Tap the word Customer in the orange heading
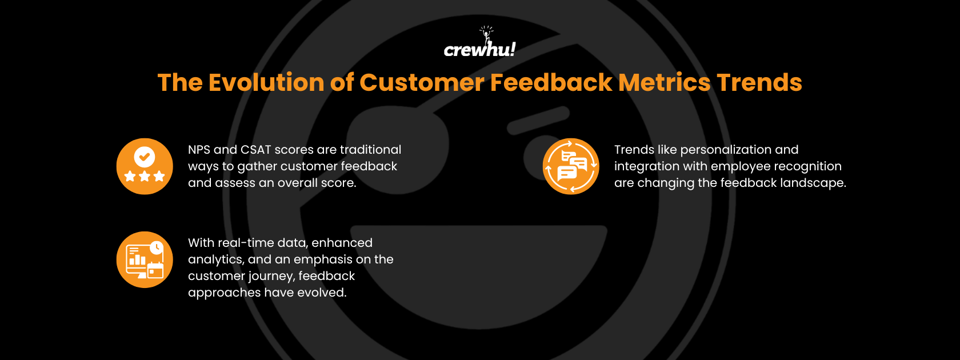point(421,82)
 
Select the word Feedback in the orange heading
point(551,82)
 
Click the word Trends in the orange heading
point(759,82)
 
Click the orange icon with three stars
point(145,166)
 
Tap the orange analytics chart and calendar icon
point(145,259)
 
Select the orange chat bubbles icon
point(570,166)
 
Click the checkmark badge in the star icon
point(145,156)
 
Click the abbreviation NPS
point(199,150)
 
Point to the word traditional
point(370,150)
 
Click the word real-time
point(246,243)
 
